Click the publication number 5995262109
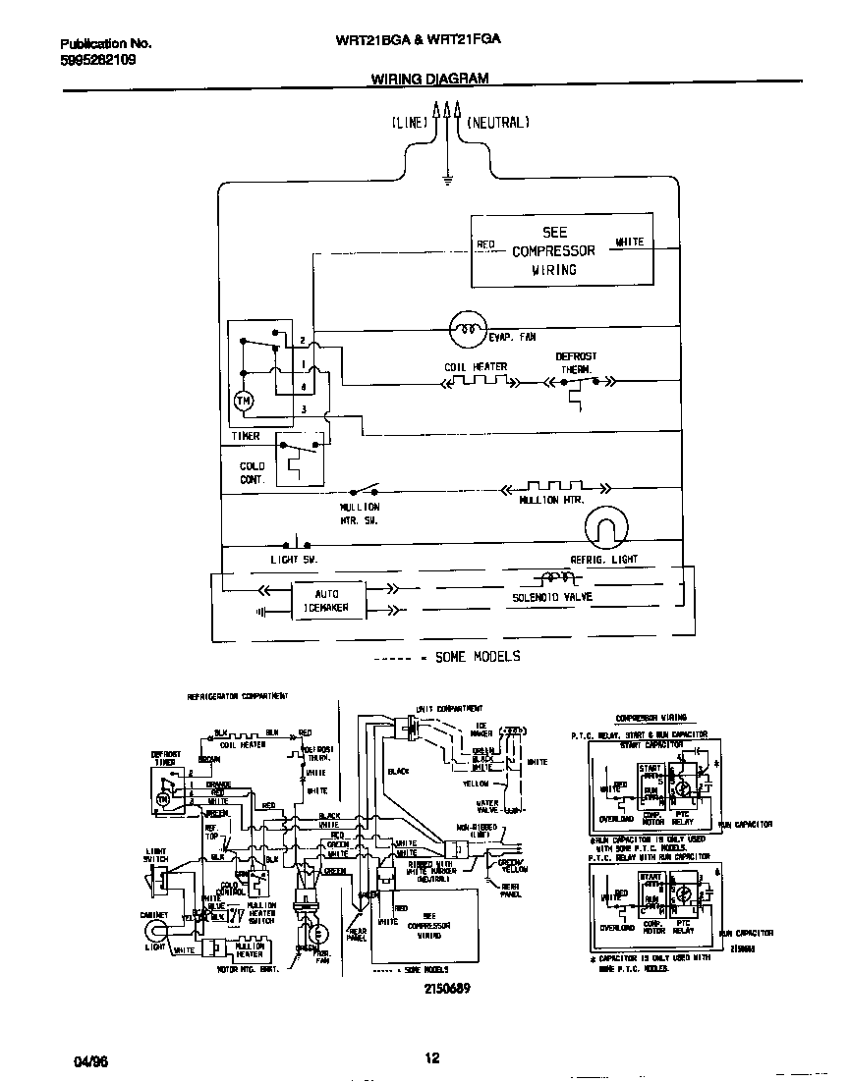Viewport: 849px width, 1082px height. point(97,60)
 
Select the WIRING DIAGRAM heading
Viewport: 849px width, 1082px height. point(429,79)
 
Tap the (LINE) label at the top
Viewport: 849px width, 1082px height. point(409,123)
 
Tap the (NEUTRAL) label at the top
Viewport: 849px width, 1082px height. point(498,123)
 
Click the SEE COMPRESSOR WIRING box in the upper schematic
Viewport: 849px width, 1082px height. point(561,250)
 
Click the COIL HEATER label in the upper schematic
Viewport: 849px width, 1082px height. point(476,367)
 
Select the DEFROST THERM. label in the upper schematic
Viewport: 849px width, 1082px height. point(576,363)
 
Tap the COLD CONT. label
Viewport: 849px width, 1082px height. point(253,473)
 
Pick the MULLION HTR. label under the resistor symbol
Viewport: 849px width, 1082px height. point(551,500)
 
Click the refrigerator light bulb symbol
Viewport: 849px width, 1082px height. point(604,529)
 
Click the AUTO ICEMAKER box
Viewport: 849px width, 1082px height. point(326,601)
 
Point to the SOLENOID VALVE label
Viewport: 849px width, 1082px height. point(552,597)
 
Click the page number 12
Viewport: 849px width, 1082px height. point(430,1057)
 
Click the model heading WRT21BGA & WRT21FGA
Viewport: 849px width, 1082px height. point(419,41)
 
